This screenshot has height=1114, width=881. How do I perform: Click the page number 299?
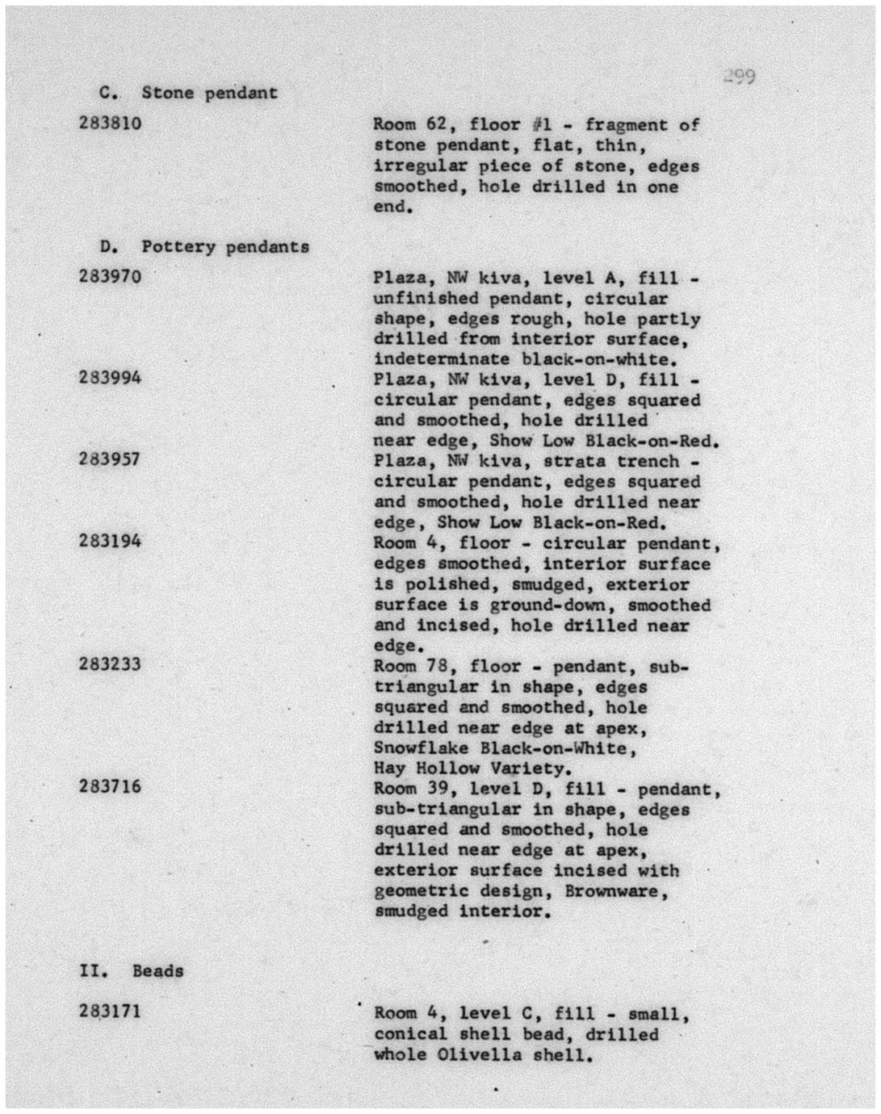[x=739, y=77]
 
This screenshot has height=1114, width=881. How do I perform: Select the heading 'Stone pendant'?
[x=209, y=93]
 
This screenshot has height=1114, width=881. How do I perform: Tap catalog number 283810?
[x=111, y=124]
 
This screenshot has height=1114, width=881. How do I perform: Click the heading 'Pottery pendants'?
[x=225, y=247]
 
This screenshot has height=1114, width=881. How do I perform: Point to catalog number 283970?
[x=111, y=277]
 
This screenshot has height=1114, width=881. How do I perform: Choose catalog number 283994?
[x=111, y=378]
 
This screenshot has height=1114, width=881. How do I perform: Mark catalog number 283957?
[x=111, y=459]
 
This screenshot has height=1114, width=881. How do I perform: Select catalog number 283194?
[x=111, y=541]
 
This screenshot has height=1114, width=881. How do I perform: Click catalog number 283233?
[x=111, y=664]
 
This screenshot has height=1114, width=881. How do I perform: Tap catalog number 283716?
[x=111, y=786]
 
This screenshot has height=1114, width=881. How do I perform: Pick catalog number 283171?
[x=111, y=1011]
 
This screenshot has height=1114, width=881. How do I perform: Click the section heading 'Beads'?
[x=157, y=971]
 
